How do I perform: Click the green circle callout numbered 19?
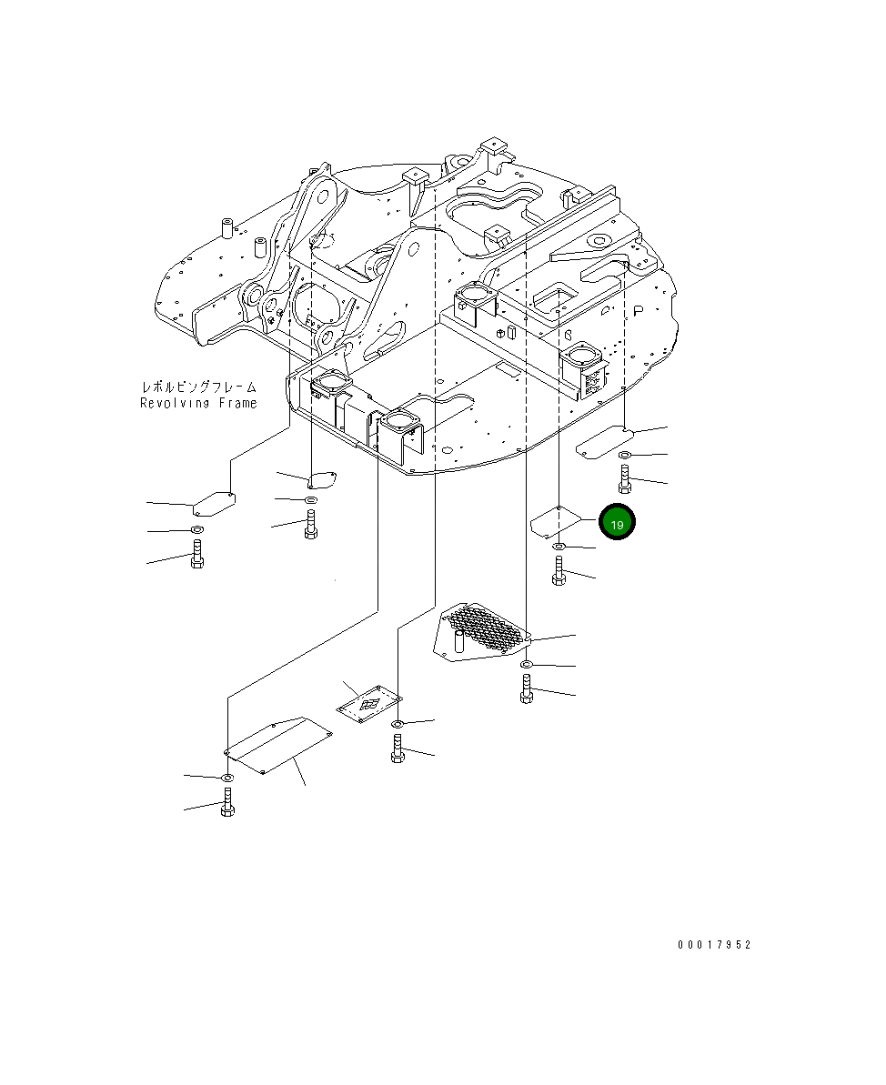pos(616,523)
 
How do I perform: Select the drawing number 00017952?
pos(714,945)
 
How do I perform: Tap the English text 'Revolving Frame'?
pos(198,403)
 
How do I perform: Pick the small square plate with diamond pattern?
pos(368,705)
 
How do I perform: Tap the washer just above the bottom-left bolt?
pos(227,778)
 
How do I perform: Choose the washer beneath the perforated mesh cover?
pos(527,667)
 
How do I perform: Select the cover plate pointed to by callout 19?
pos(556,522)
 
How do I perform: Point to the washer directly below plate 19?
pos(559,547)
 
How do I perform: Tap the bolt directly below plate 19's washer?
pos(559,571)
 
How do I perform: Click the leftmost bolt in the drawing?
pos(196,554)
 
